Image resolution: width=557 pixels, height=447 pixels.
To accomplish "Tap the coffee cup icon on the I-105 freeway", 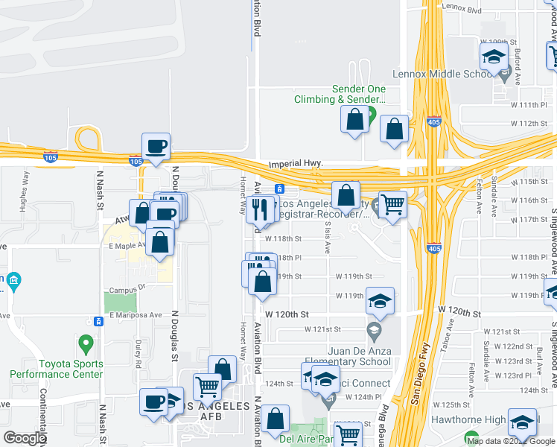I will (156, 147).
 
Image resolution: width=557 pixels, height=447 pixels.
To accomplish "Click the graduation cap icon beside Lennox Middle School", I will (493, 58).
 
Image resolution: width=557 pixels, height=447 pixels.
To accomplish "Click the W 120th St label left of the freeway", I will (283, 316).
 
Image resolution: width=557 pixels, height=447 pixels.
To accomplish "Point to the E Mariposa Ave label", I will (136, 315).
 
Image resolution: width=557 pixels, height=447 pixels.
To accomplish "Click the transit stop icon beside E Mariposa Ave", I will (98, 321).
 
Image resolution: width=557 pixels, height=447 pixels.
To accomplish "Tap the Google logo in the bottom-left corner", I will (24, 438).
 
